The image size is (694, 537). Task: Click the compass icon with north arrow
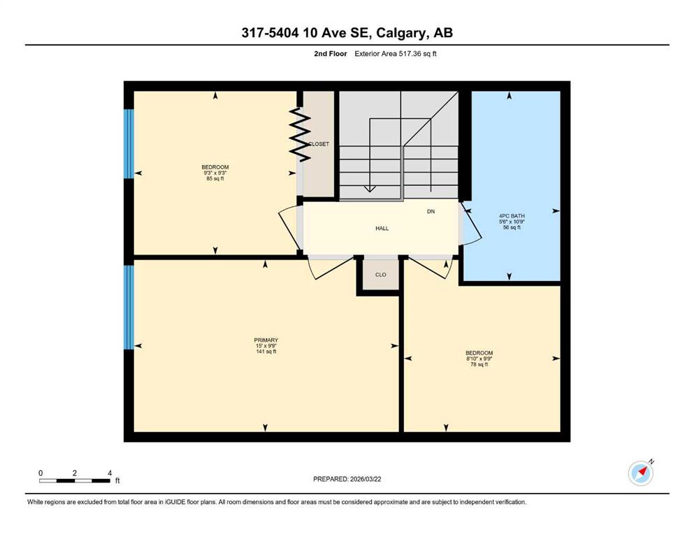pos(640,473)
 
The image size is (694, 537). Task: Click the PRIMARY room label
pos(266,340)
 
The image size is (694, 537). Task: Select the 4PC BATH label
pos(512,216)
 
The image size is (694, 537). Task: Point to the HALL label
pos(382,229)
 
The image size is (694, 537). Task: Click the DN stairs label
pos(431,212)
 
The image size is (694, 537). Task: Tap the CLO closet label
pos(381,275)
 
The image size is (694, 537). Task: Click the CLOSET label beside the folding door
pos(319,144)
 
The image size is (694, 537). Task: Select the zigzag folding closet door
pos(299,134)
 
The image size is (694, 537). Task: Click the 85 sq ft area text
pos(215,179)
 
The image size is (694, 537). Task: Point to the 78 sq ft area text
pos(479,364)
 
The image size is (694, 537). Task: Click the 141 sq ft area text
pos(266,352)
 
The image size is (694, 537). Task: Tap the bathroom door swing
pos(470,223)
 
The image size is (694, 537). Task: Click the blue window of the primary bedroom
pos(129,307)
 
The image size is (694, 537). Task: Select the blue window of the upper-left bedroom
pos(129,144)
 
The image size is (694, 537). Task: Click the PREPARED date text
pos(347,479)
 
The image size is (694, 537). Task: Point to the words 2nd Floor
pos(330,54)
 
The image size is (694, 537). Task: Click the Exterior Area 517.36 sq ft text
pos(396,54)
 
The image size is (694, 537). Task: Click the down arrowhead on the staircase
pos(369,189)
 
